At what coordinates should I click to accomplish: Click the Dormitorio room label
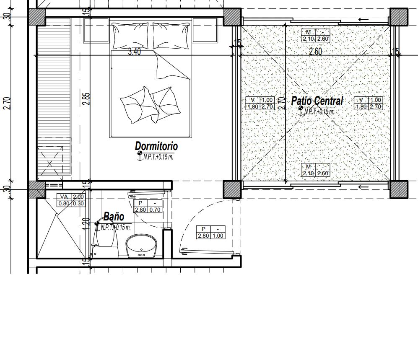point(156,146)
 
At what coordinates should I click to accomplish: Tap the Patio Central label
point(317,101)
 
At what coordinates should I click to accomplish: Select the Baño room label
point(114,217)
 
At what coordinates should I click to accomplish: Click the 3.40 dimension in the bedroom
point(134,52)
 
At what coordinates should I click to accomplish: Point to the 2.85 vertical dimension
point(86,98)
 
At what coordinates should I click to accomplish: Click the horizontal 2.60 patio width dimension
point(315,52)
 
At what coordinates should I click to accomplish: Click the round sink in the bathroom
point(141,246)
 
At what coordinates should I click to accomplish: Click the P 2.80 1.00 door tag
point(210,232)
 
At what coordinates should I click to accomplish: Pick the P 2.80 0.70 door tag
point(148,206)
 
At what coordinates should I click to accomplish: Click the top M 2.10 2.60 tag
point(315,36)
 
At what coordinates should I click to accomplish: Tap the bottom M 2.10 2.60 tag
point(315,170)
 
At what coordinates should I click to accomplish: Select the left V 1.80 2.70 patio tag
point(260,103)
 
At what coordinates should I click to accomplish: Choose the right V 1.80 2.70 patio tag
point(369,103)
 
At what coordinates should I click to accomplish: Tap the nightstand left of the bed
point(96,30)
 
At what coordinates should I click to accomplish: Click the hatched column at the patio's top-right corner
point(399,18)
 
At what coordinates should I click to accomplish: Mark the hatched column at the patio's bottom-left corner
point(232,189)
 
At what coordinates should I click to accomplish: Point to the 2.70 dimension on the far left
point(7,103)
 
